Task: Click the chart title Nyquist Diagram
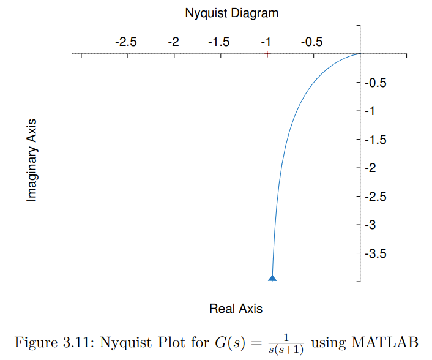pos(231,12)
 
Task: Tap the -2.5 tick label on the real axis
pos(126,42)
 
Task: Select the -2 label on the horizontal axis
pos(173,42)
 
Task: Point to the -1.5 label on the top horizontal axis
pos(218,42)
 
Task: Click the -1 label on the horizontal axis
pos(266,42)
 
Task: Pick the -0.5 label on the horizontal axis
pos(311,42)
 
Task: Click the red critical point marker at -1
pos(267,54)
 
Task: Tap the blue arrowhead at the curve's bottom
pos(272,278)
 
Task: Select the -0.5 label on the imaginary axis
pos(374,83)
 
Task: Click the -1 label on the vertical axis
pos(370,111)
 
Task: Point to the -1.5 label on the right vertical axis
pos(374,140)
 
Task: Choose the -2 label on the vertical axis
pos(370,168)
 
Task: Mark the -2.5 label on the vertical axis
pos(374,197)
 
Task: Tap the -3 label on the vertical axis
pos(370,225)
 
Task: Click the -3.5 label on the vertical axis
pos(374,253)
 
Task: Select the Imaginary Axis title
pos(32,160)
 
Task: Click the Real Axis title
pos(236,309)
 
